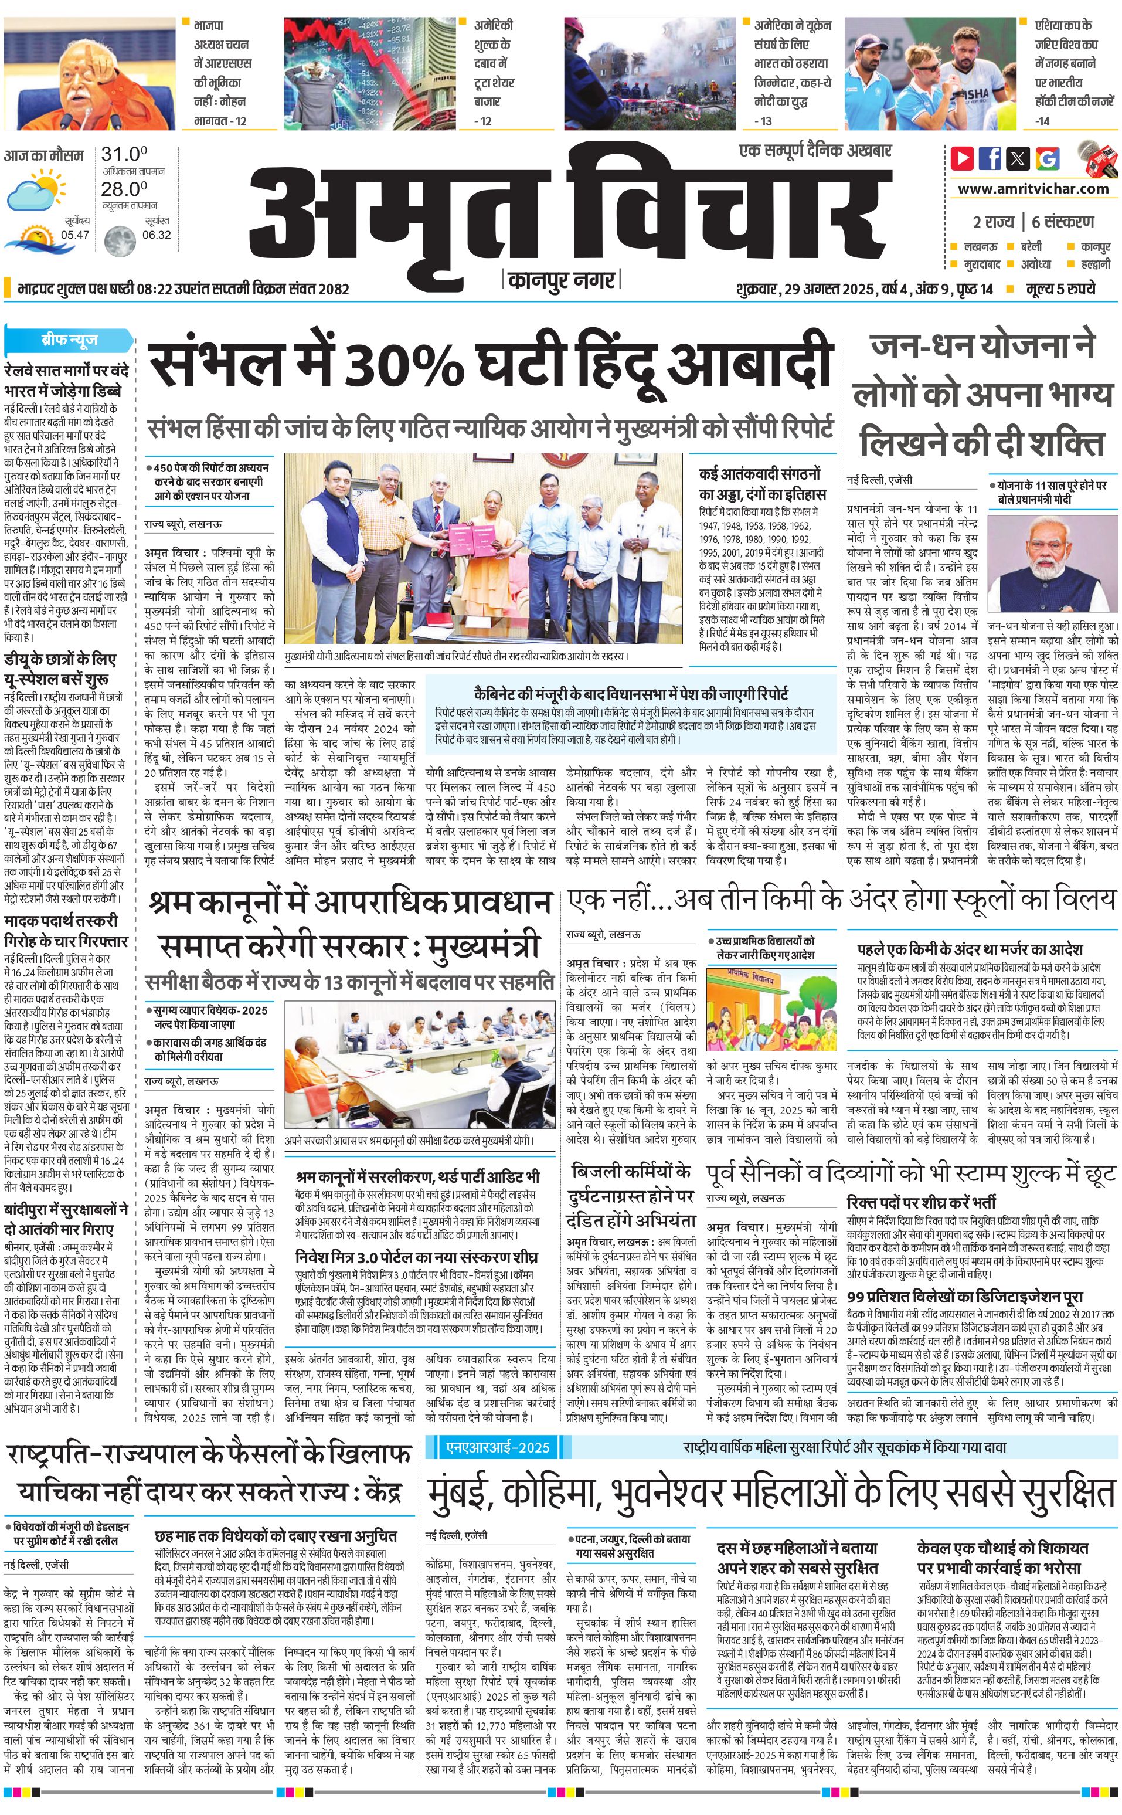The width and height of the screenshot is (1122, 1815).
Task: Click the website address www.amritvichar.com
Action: click(1033, 189)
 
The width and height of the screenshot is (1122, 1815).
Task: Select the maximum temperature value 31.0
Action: click(124, 154)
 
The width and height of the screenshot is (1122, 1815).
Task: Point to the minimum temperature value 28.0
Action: click(124, 189)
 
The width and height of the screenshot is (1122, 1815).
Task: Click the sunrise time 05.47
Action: click(75, 235)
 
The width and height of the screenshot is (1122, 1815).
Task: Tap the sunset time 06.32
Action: click(157, 235)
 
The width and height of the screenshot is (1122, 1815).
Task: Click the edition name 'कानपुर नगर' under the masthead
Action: click(562, 280)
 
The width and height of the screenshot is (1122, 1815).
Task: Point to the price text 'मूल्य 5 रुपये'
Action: click(1060, 289)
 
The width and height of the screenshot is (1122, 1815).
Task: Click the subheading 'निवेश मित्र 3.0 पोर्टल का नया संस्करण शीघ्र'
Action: click(416, 1257)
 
